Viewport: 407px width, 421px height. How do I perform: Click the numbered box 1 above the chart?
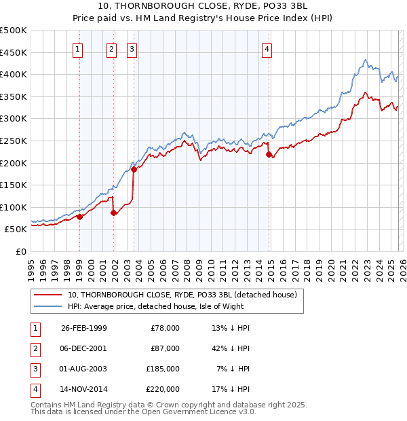click(x=79, y=48)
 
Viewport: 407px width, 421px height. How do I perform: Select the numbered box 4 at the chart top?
click(x=267, y=48)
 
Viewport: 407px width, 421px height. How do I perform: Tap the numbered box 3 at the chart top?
click(x=131, y=48)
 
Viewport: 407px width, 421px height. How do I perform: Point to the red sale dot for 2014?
click(x=269, y=154)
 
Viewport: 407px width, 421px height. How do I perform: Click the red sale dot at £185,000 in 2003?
click(x=134, y=170)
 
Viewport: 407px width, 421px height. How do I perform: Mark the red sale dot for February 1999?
click(x=79, y=217)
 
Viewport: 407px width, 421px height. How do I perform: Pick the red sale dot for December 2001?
click(x=113, y=213)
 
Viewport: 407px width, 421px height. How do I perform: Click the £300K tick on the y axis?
click(x=14, y=119)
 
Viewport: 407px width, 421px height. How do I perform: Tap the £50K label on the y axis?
click(x=16, y=230)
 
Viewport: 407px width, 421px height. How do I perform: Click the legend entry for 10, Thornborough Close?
click(x=182, y=295)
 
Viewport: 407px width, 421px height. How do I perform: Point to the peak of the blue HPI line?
click(x=365, y=60)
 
